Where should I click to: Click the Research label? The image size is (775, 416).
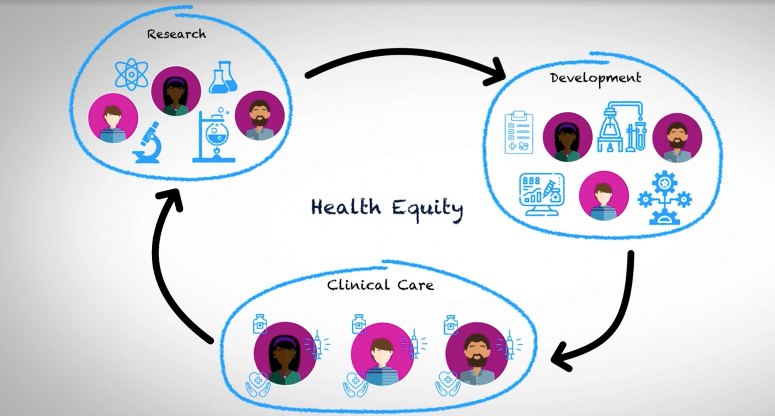click(176, 34)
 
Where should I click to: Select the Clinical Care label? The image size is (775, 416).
click(380, 285)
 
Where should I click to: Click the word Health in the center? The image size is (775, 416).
click(346, 207)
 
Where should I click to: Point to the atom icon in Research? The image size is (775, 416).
click(131, 74)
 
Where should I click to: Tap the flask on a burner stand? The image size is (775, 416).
click(215, 136)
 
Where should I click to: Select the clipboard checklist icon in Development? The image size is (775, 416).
click(519, 132)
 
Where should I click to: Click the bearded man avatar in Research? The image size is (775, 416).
click(260, 116)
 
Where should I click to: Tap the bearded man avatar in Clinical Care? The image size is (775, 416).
click(477, 353)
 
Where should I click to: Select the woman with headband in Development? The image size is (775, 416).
click(567, 137)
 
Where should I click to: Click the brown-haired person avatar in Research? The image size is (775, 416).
click(113, 118)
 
